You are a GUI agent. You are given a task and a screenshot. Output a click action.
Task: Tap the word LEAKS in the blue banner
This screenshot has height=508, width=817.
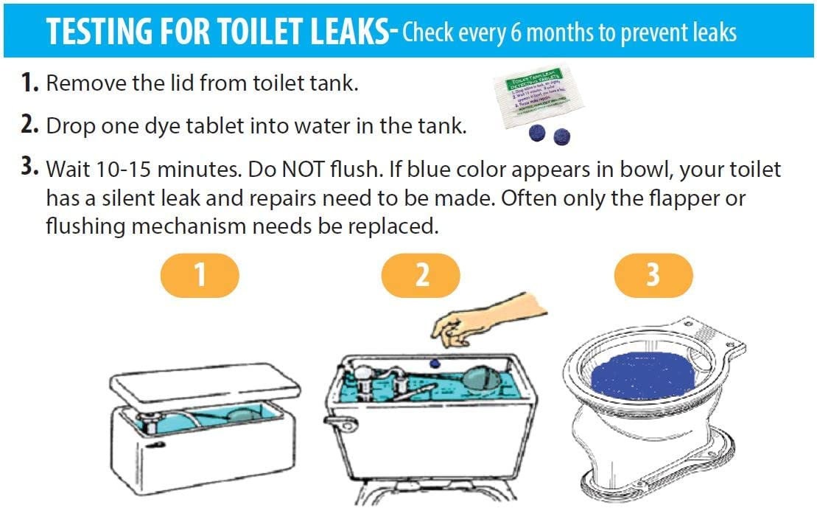point(346,31)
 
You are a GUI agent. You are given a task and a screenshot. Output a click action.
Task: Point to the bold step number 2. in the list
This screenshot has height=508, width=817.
point(29,125)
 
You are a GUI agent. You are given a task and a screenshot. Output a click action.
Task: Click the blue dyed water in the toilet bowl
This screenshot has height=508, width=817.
point(641,375)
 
